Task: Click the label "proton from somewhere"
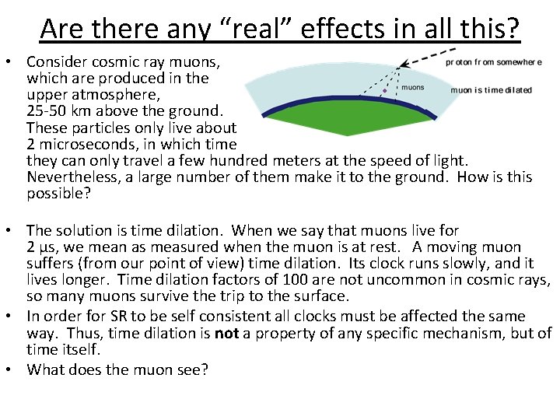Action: click(x=493, y=61)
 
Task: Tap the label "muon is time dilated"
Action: click(x=492, y=89)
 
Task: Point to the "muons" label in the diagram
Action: click(x=412, y=87)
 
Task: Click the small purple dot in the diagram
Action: click(x=383, y=91)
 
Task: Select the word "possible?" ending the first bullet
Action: click(x=58, y=193)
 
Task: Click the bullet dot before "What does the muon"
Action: click(x=14, y=369)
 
